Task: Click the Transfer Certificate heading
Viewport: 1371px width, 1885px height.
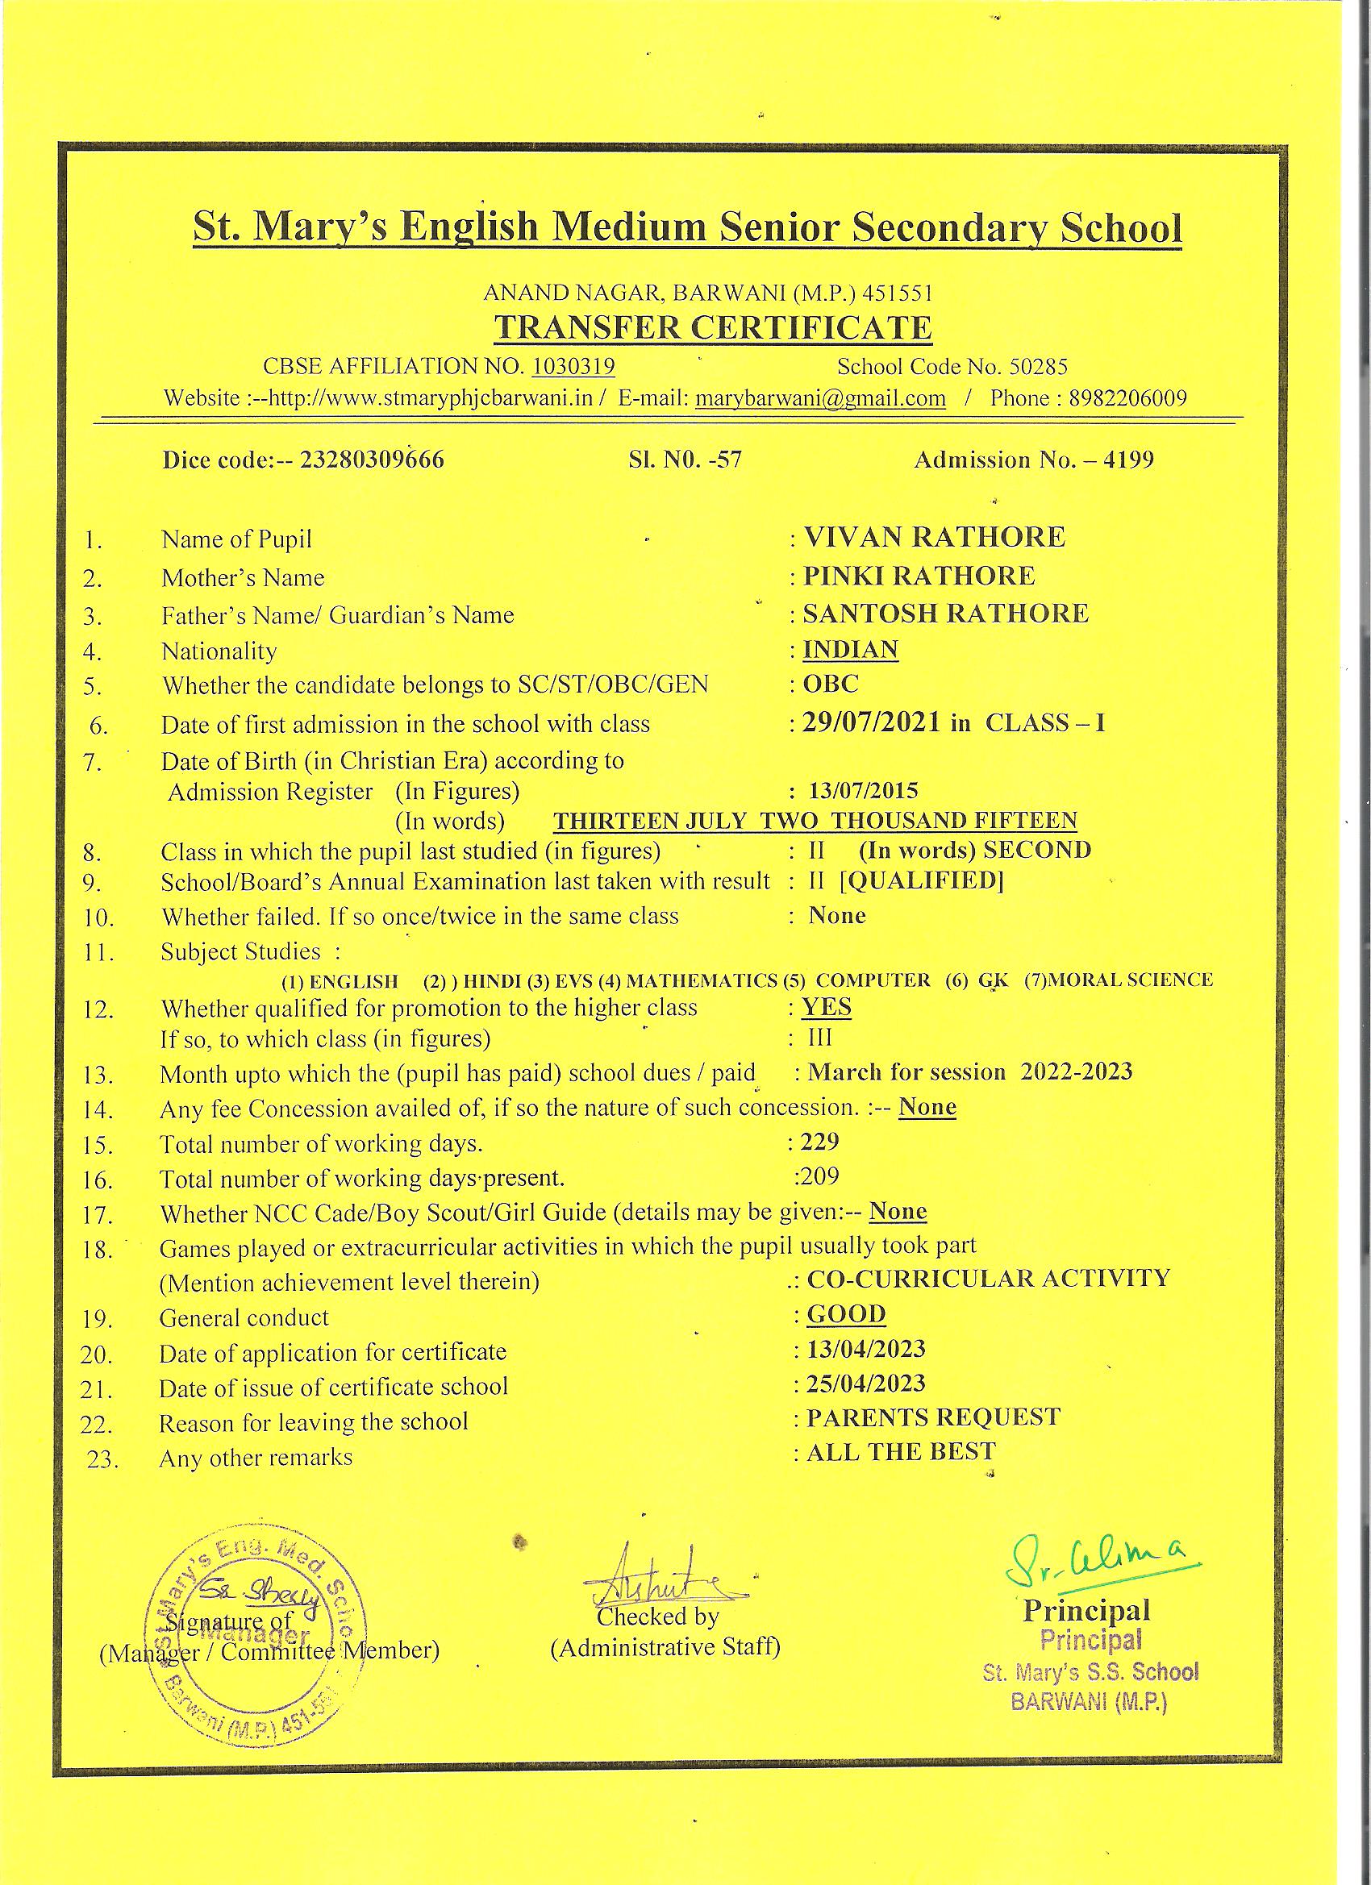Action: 713,328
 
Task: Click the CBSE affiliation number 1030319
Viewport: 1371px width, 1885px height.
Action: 573,367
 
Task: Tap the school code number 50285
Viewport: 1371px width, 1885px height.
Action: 1038,367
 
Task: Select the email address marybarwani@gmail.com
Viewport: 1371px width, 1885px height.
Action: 819,398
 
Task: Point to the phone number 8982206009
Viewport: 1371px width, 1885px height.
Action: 1127,398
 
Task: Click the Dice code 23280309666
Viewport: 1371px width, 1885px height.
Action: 365,460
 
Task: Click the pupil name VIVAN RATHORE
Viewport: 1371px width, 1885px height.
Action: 934,537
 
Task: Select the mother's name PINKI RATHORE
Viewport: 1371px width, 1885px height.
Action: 919,576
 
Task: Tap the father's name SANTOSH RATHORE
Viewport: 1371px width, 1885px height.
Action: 945,614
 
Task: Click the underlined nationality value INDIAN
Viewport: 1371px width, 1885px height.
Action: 850,649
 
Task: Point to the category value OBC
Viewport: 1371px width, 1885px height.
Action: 831,684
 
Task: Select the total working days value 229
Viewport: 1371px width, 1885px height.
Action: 819,1141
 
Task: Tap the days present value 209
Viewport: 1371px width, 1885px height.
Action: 819,1176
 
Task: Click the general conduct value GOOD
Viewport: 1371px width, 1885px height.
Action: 846,1314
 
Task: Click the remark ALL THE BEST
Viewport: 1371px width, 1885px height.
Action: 900,1452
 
